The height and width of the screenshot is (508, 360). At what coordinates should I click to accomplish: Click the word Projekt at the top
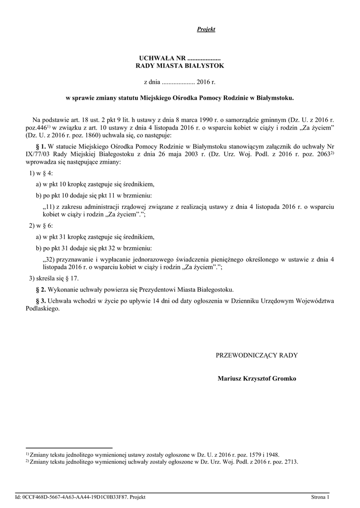206,29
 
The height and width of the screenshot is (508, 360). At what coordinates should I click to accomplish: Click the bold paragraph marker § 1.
41,146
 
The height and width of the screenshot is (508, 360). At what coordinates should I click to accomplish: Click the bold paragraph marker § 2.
41,289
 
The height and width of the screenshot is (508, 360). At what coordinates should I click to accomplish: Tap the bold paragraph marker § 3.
41,301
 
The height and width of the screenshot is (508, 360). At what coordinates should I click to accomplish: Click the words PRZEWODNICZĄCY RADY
256,355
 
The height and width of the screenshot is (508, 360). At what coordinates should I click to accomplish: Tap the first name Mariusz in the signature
230,379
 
